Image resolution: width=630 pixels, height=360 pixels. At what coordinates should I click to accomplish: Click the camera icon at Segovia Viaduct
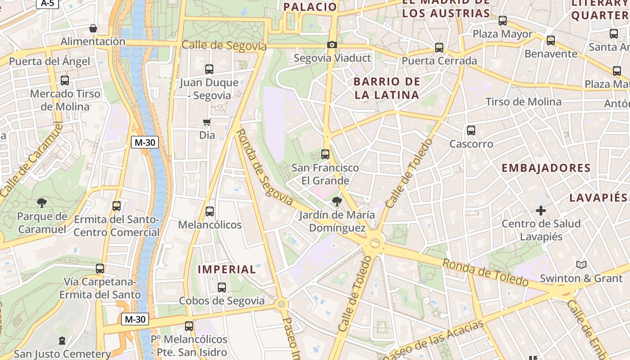332,45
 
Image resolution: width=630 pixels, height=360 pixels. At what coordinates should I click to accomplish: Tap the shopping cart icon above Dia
207,122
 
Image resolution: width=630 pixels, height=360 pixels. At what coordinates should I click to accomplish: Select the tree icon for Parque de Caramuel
42,203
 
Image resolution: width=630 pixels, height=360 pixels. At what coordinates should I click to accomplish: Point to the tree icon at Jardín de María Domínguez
336,201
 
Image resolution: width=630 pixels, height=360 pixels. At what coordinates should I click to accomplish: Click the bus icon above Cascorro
471,130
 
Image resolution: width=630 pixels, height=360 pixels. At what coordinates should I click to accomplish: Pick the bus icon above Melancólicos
209,211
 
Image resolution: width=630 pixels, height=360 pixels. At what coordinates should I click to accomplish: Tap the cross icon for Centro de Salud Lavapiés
541,210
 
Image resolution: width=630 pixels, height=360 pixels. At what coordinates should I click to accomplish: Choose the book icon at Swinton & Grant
581,265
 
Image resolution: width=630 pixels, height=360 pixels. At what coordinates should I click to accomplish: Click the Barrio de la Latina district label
387,88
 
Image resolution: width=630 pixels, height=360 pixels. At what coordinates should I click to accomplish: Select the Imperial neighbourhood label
227,270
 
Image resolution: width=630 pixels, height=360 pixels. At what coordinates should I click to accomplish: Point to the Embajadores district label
546,168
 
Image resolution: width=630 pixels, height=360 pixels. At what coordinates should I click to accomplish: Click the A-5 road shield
47,4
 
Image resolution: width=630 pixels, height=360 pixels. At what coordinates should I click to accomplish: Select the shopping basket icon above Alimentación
93,28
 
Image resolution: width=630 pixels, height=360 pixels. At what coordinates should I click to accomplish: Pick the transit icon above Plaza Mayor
503,21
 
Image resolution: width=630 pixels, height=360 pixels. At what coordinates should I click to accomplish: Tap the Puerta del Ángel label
49,61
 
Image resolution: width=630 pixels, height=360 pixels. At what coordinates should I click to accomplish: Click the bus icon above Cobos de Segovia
221,287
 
